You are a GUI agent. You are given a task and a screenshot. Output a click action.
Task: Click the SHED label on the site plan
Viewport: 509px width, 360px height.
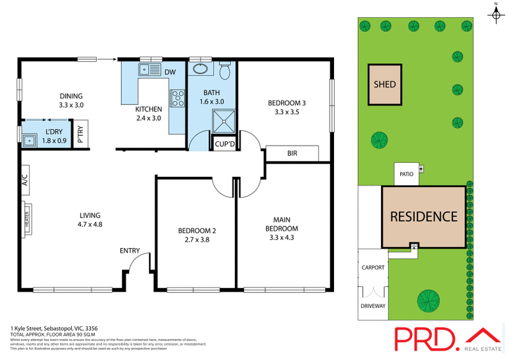[384, 85]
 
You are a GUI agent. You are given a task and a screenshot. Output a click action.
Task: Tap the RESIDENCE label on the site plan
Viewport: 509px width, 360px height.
[423, 216]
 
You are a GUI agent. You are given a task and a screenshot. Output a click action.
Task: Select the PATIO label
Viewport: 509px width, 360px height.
[407, 172]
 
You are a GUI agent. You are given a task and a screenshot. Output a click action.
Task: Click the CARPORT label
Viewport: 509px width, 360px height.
[373, 268]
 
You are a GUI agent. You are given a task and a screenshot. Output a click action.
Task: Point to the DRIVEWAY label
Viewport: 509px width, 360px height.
[373, 306]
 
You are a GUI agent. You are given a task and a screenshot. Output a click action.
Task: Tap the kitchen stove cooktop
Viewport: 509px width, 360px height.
[177, 98]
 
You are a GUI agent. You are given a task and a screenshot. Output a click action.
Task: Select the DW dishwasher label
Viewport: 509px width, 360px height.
[170, 72]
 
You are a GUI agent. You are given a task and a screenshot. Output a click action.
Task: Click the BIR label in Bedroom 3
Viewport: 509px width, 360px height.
[292, 154]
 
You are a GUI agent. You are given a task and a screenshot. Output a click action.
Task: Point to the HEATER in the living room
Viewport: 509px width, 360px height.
[27, 218]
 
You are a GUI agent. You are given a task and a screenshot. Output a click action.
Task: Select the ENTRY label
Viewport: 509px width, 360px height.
[130, 251]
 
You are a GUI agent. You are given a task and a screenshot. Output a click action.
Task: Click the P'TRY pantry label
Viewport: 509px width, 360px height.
[80, 134]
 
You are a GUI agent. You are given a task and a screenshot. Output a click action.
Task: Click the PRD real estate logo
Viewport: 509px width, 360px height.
[445, 336]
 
